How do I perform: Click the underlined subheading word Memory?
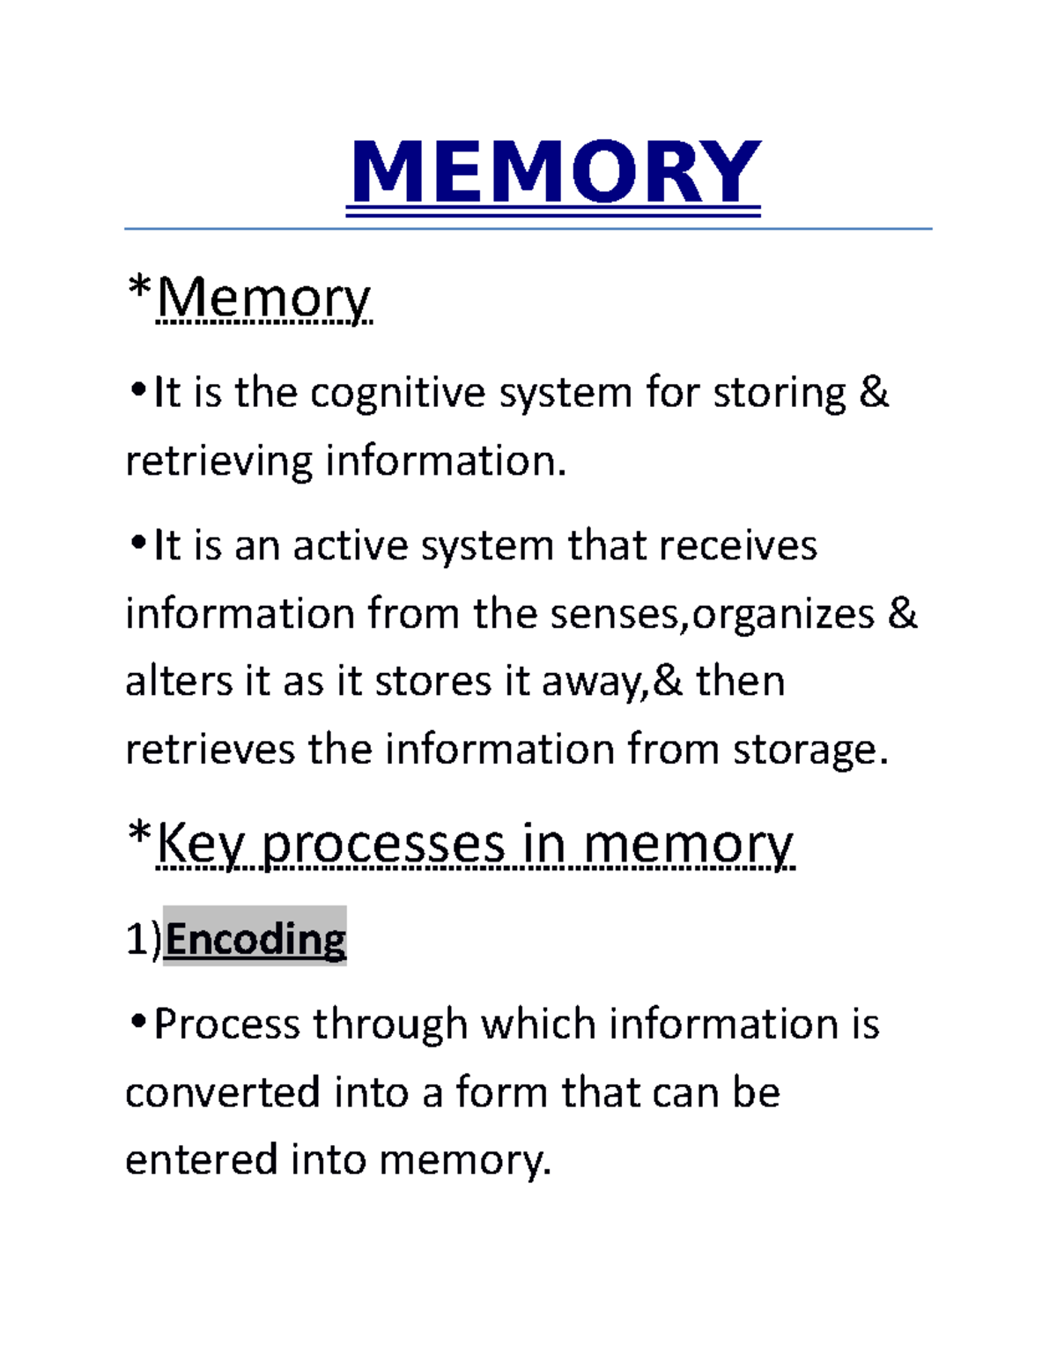tap(263, 299)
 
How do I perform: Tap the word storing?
tap(779, 393)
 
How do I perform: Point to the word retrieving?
tap(218, 462)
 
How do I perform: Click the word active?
tap(350, 546)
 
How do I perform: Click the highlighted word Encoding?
tap(255, 939)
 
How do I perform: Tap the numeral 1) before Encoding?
tap(144, 939)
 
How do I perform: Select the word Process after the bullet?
tap(226, 1024)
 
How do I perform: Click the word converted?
tap(222, 1092)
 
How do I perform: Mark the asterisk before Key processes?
tap(139, 833)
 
